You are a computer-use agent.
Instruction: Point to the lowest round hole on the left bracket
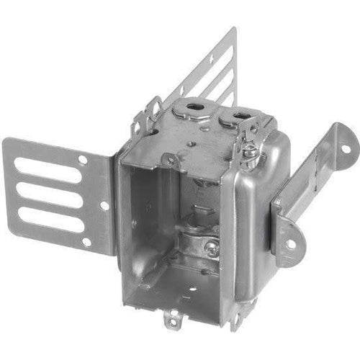point(87,242)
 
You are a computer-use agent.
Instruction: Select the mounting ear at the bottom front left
point(172,316)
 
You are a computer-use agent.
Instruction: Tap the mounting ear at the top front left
point(170,160)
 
